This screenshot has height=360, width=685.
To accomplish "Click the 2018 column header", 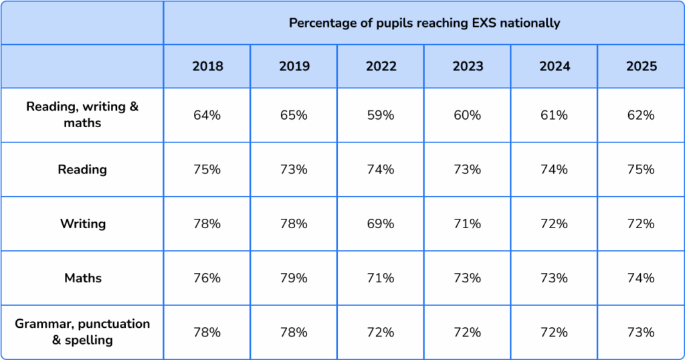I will [207, 66].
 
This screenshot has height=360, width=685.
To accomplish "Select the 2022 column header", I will [381, 66].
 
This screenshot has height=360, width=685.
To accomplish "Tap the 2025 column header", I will [641, 66].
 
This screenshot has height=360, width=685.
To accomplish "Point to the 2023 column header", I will [467, 66].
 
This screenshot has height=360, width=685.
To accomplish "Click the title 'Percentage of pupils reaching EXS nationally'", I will [424, 23].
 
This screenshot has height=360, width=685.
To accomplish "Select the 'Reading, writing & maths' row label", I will [82, 115].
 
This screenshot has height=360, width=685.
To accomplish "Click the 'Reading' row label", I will [82, 169].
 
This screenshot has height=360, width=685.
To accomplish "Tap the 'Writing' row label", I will [82, 223].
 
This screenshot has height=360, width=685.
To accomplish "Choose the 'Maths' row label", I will [82, 278].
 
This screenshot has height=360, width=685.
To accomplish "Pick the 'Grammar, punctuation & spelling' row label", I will [82, 332].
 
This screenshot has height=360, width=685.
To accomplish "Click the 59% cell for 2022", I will [381, 115].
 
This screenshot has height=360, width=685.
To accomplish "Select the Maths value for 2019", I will [294, 278].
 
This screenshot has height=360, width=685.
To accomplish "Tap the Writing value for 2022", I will [381, 223].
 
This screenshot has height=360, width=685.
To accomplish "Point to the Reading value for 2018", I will [207, 169].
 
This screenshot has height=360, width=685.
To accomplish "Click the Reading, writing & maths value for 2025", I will [641, 115].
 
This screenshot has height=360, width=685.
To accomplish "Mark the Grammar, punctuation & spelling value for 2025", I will [641, 332].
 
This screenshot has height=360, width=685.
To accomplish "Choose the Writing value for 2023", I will [467, 223].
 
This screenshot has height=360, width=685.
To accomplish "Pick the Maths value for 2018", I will [207, 278].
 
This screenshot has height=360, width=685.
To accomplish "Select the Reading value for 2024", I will [554, 169].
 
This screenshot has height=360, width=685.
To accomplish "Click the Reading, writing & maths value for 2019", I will [294, 115].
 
